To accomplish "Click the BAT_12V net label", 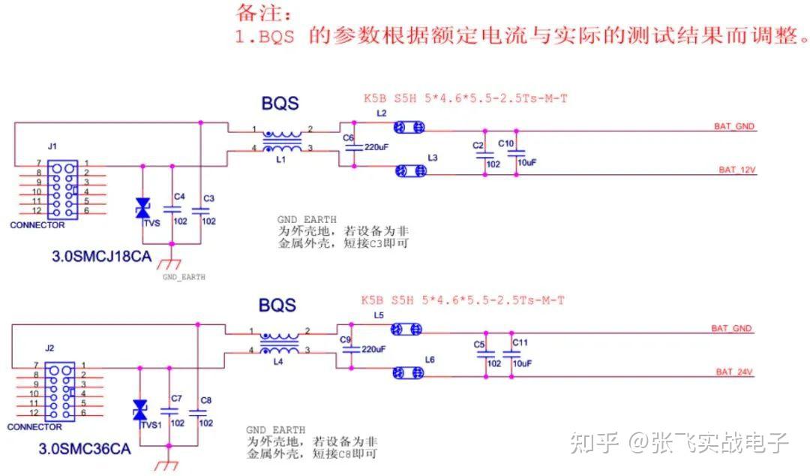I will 736,170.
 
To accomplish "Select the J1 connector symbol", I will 59,187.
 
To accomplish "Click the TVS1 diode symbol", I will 139,410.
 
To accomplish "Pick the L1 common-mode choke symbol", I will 282,140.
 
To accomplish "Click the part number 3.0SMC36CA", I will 85,450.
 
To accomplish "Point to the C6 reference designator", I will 347,138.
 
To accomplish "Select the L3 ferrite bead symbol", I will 409,171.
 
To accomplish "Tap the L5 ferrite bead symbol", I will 406,329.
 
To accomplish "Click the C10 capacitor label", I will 506,143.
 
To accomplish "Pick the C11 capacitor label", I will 520,342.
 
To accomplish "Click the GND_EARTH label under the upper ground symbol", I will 184,277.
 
